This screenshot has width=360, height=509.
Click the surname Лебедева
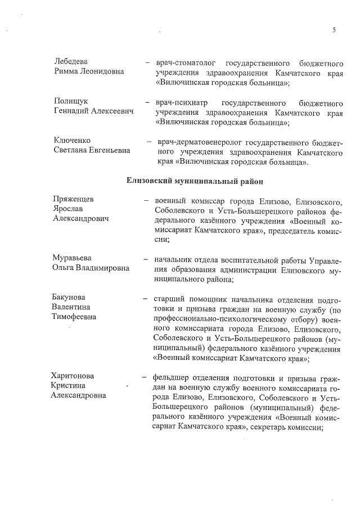click(x=71, y=61)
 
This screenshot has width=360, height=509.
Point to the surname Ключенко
click(x=72, y=140)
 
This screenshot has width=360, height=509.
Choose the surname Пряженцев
click(x=74, y=200)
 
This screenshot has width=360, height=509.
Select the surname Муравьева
click(x=73, y=258)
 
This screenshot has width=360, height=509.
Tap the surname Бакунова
click(x=72, y=296)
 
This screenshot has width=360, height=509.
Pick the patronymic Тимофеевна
click(x=74, y=317)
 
